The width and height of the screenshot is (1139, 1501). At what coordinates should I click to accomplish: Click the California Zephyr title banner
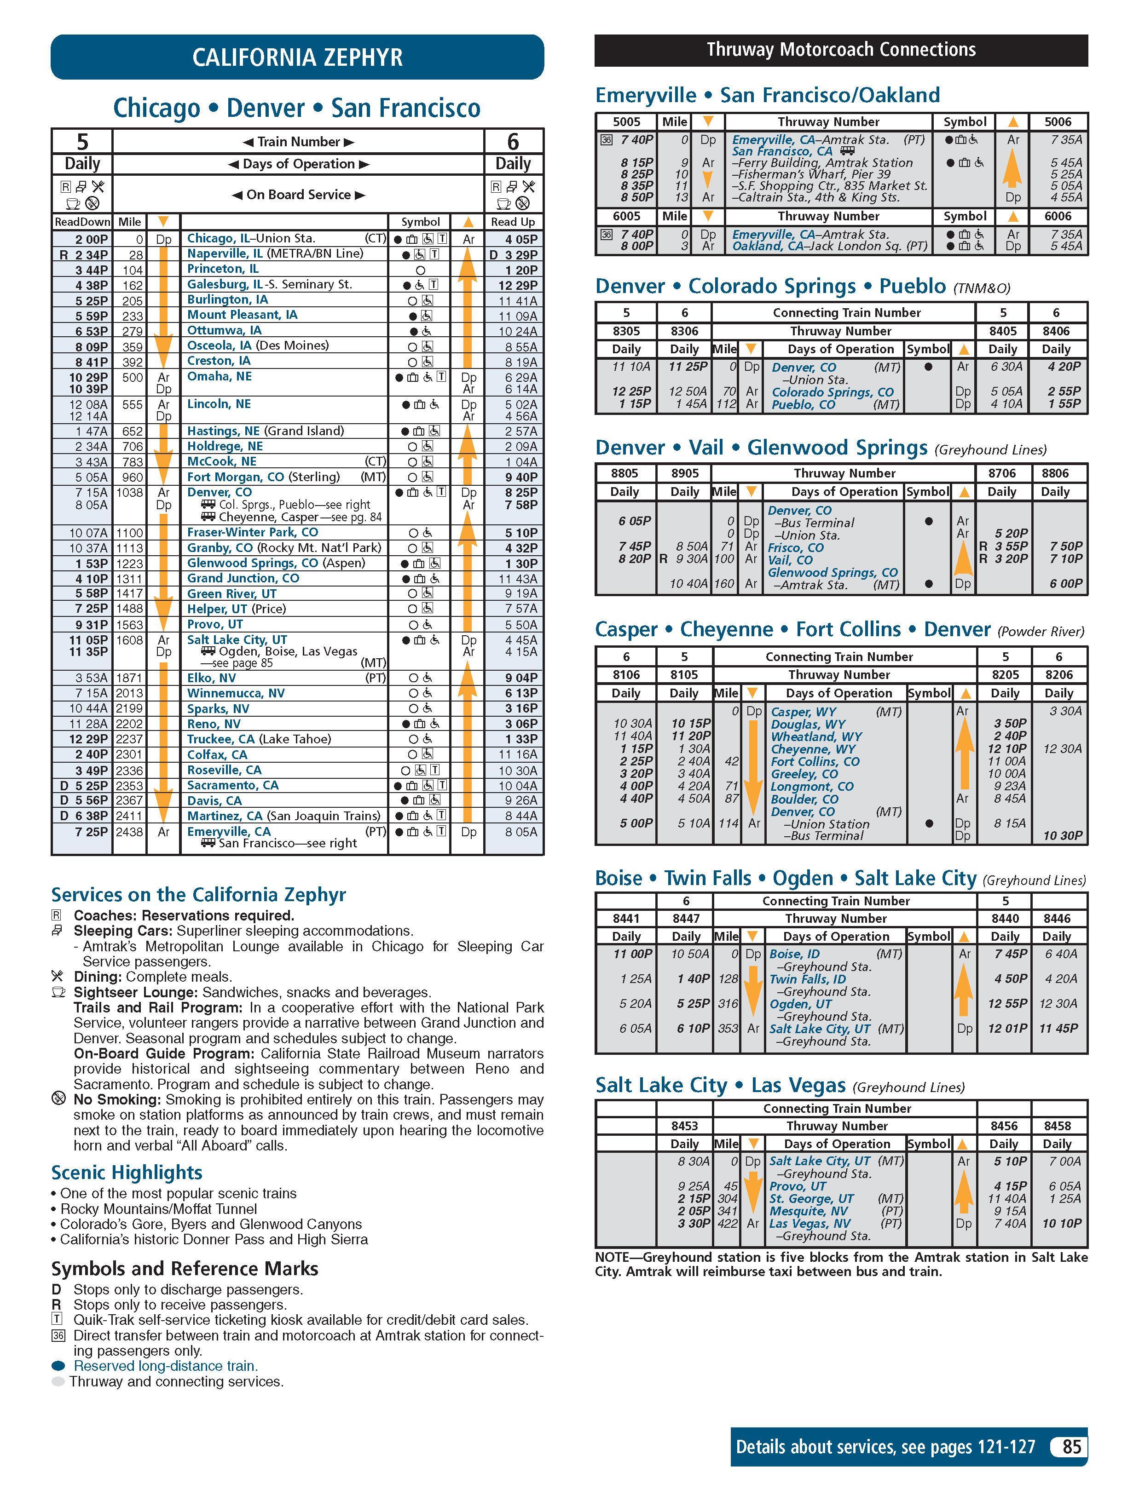tap(297, 57)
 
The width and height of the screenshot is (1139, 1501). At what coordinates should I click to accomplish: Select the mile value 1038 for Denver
tap(130, 493)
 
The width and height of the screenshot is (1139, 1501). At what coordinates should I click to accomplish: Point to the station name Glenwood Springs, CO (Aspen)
tap(276, 563)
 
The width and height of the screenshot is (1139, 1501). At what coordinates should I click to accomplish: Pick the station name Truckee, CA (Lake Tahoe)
tap(259, 739)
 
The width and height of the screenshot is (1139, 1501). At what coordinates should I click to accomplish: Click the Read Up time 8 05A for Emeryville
tap(520, 832)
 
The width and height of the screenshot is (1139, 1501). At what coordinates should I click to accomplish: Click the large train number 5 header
tap(82, 142)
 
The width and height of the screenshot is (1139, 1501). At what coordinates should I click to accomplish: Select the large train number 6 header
tap(513, 142)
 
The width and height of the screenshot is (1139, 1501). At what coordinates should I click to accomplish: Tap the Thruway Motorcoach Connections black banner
tap(840, 50)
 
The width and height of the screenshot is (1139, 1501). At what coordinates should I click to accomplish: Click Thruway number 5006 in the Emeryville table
tap(1058, 122)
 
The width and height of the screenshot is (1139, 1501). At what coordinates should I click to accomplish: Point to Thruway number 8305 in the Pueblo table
tap(626, 331)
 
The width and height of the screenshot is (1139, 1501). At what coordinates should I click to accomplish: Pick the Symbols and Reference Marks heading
tap(185, 1269)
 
